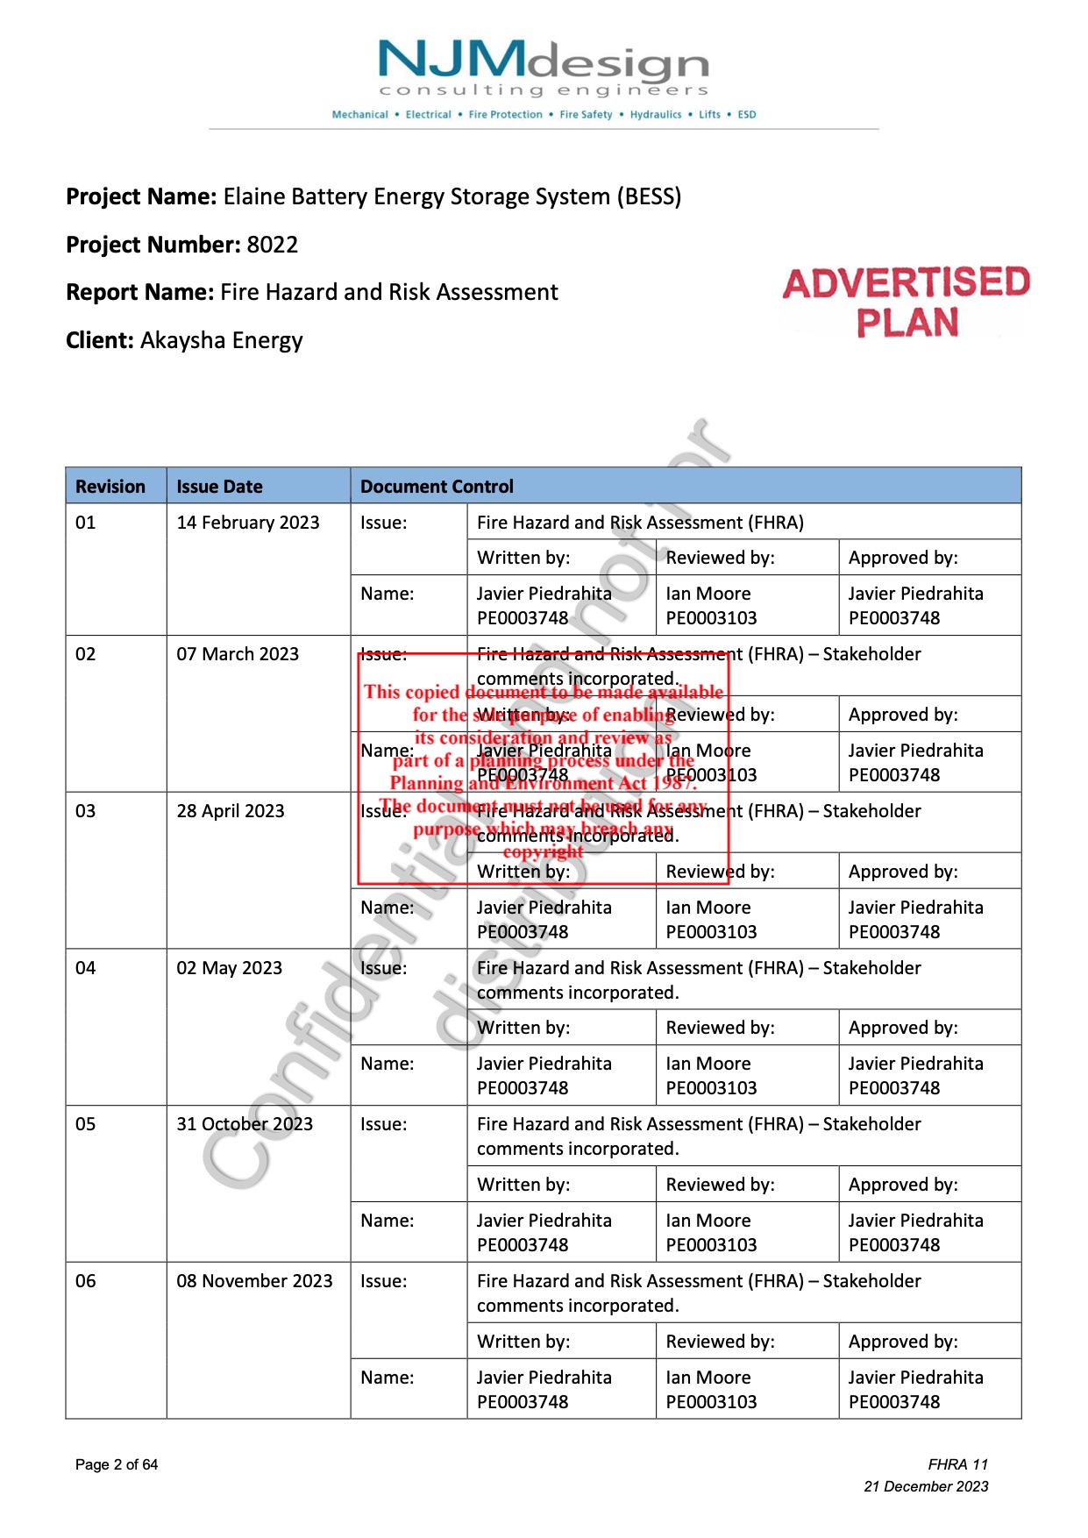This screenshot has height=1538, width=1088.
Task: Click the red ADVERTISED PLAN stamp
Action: point(907,303)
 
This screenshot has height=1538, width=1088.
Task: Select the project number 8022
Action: point(272,245)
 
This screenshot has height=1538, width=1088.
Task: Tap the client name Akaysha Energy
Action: point(221,340)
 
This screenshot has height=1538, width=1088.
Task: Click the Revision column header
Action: point(110,487)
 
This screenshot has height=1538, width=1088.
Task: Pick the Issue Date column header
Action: point(219,487)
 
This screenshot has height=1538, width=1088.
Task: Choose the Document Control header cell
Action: point(437,487)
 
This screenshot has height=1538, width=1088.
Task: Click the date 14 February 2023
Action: point(248,523)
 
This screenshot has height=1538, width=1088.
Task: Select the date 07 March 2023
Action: point(238,654)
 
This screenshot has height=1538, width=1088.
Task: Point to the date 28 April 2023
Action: point(231,811)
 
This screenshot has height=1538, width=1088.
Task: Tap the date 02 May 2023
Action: point(230,968)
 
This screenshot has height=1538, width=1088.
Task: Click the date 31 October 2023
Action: point(245,1124)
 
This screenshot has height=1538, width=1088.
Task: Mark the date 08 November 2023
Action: point(254,1281)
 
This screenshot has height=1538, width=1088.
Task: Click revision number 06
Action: point(86,1281)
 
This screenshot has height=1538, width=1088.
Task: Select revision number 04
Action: point(86,968)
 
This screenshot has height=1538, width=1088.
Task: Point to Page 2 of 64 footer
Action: point(117,1464)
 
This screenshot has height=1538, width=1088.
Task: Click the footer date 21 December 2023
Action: point(926,1486)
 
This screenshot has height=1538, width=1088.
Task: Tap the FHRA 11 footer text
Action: point(957,1464)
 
